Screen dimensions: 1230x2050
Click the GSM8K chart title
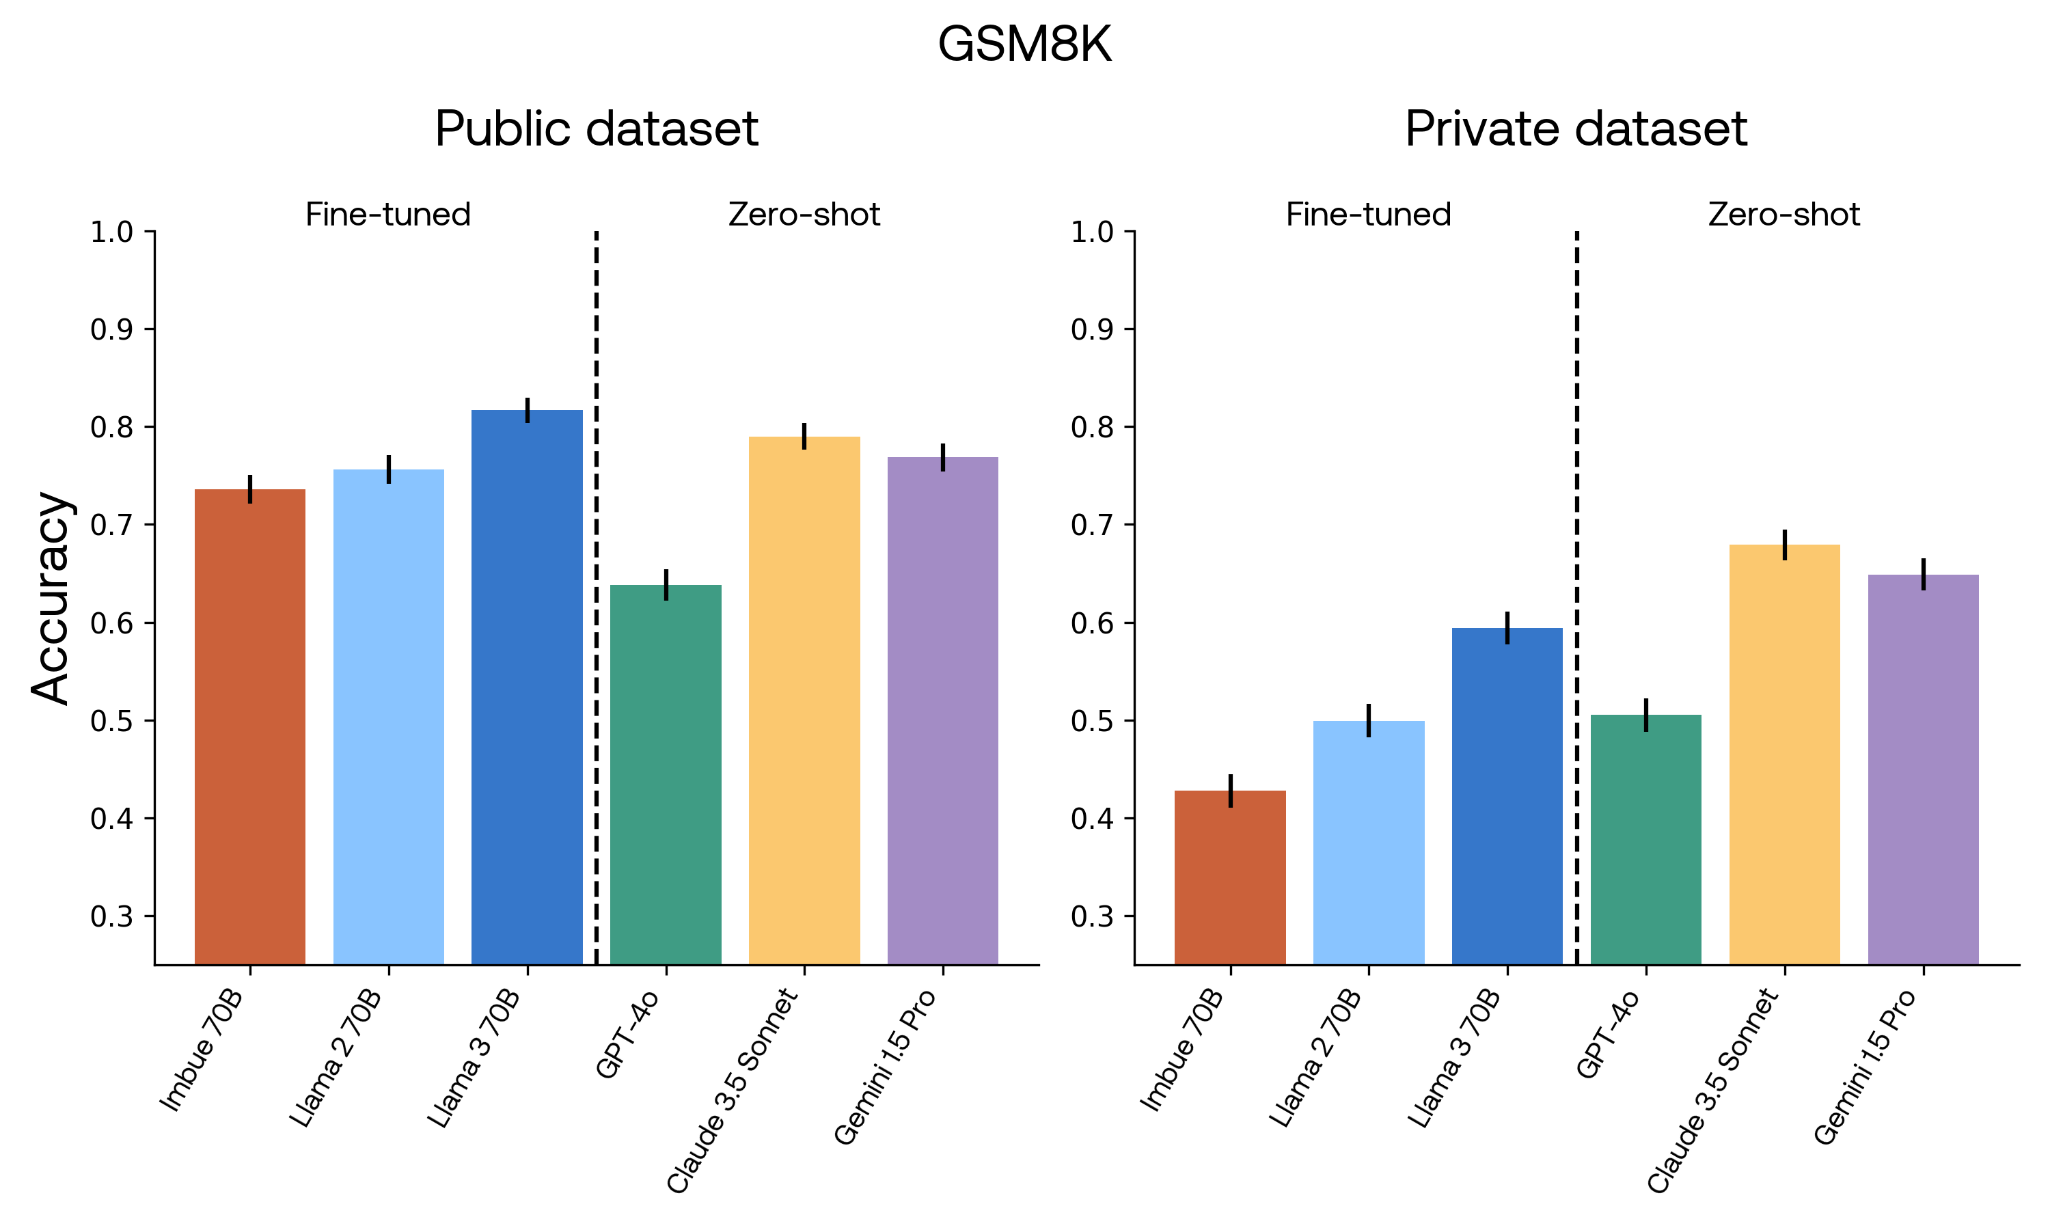point(1024,44)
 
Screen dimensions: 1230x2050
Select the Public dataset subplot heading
point(596,129)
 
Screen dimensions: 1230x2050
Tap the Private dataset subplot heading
point(1575,129)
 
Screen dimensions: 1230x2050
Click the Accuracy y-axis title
point(51,598)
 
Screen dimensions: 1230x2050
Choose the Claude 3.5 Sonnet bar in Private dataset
point(1784,754)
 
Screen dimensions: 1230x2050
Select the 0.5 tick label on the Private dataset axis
point(1091,721)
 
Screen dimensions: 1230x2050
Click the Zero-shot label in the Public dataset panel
point(804,215)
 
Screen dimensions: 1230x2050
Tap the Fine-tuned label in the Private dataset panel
point(1368,215)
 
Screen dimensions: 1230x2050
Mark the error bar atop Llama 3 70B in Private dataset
point(1507,627)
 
